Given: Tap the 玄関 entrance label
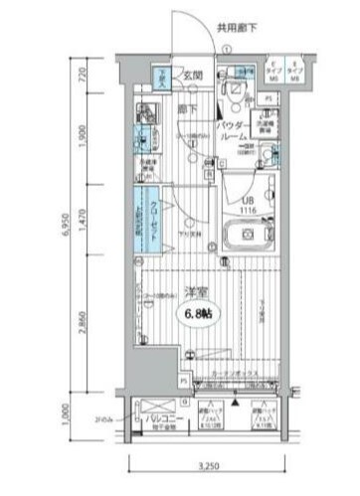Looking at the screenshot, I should (192, 75).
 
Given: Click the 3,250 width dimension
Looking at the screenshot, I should (208, 466).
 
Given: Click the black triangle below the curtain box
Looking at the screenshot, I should (236, 404).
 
